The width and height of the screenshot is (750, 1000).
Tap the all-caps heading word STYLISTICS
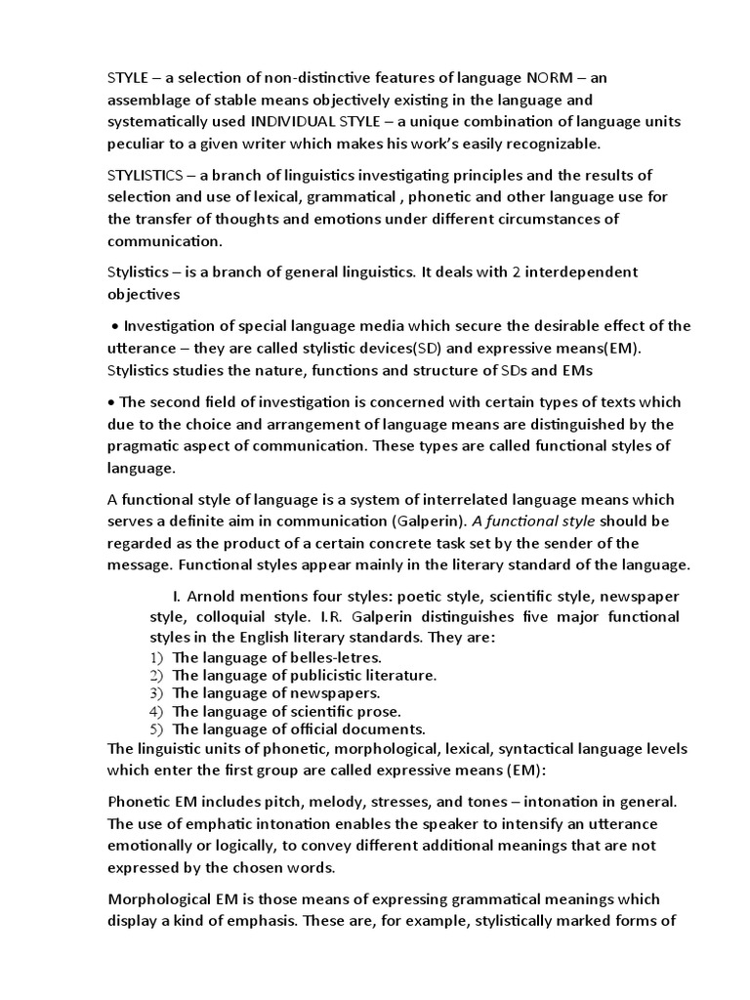[x=146, y=175]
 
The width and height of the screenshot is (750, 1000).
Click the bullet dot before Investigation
[x=115, y=326]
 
